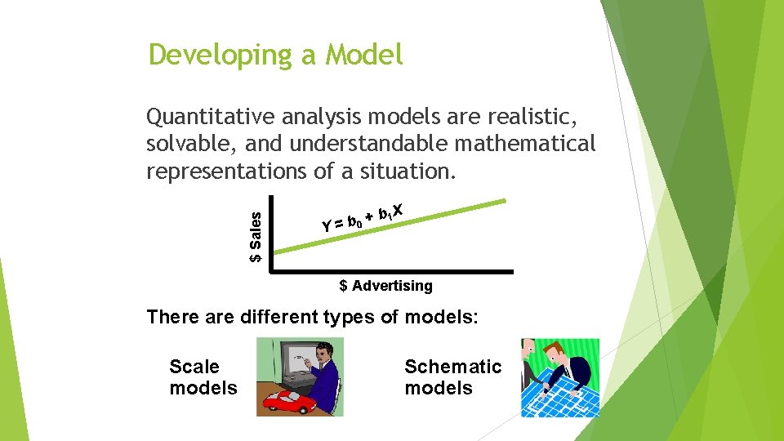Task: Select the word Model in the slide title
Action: (x=364, y=55)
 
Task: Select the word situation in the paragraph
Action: (x=408, y=171)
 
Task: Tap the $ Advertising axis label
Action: (x=385, y=286)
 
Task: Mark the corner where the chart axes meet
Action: (x=271, y=270)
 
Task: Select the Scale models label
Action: (x=203, y=377)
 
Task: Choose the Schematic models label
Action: (x=452, y=377)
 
